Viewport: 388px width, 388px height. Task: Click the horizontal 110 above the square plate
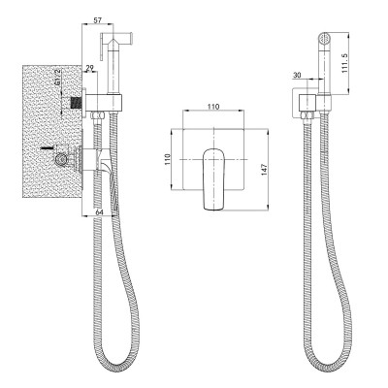click(x=210, y=109)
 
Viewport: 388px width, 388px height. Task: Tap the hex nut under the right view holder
click(x=311, y=121)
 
